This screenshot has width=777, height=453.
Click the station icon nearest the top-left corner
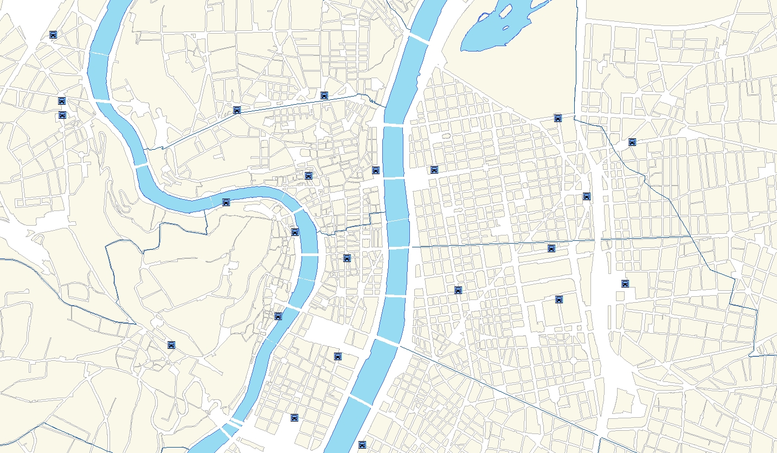click(53, 35)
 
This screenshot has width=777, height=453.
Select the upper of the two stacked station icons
click(62, 101)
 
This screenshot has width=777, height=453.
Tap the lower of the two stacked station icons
click(62, 115)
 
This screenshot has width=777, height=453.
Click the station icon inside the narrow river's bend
click(226, 202)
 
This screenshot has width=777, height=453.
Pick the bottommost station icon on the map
click(362, 445)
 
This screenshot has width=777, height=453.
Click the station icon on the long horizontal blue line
click(551, 248)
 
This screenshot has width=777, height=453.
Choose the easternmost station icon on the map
click(632, 142)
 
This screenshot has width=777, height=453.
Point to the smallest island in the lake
click(506, 28)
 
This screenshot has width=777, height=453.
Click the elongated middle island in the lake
click(506, 10)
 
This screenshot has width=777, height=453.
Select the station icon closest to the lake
click(558, 118)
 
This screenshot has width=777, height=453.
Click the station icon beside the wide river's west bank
click(376, 170)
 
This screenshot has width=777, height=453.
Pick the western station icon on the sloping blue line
click(236, 110)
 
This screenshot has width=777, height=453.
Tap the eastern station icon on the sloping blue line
click(324, 95)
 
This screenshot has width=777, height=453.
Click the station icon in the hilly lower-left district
click(171, 344)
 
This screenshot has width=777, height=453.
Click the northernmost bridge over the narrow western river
click(99, 53)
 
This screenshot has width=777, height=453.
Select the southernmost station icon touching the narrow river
click(278, 316)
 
